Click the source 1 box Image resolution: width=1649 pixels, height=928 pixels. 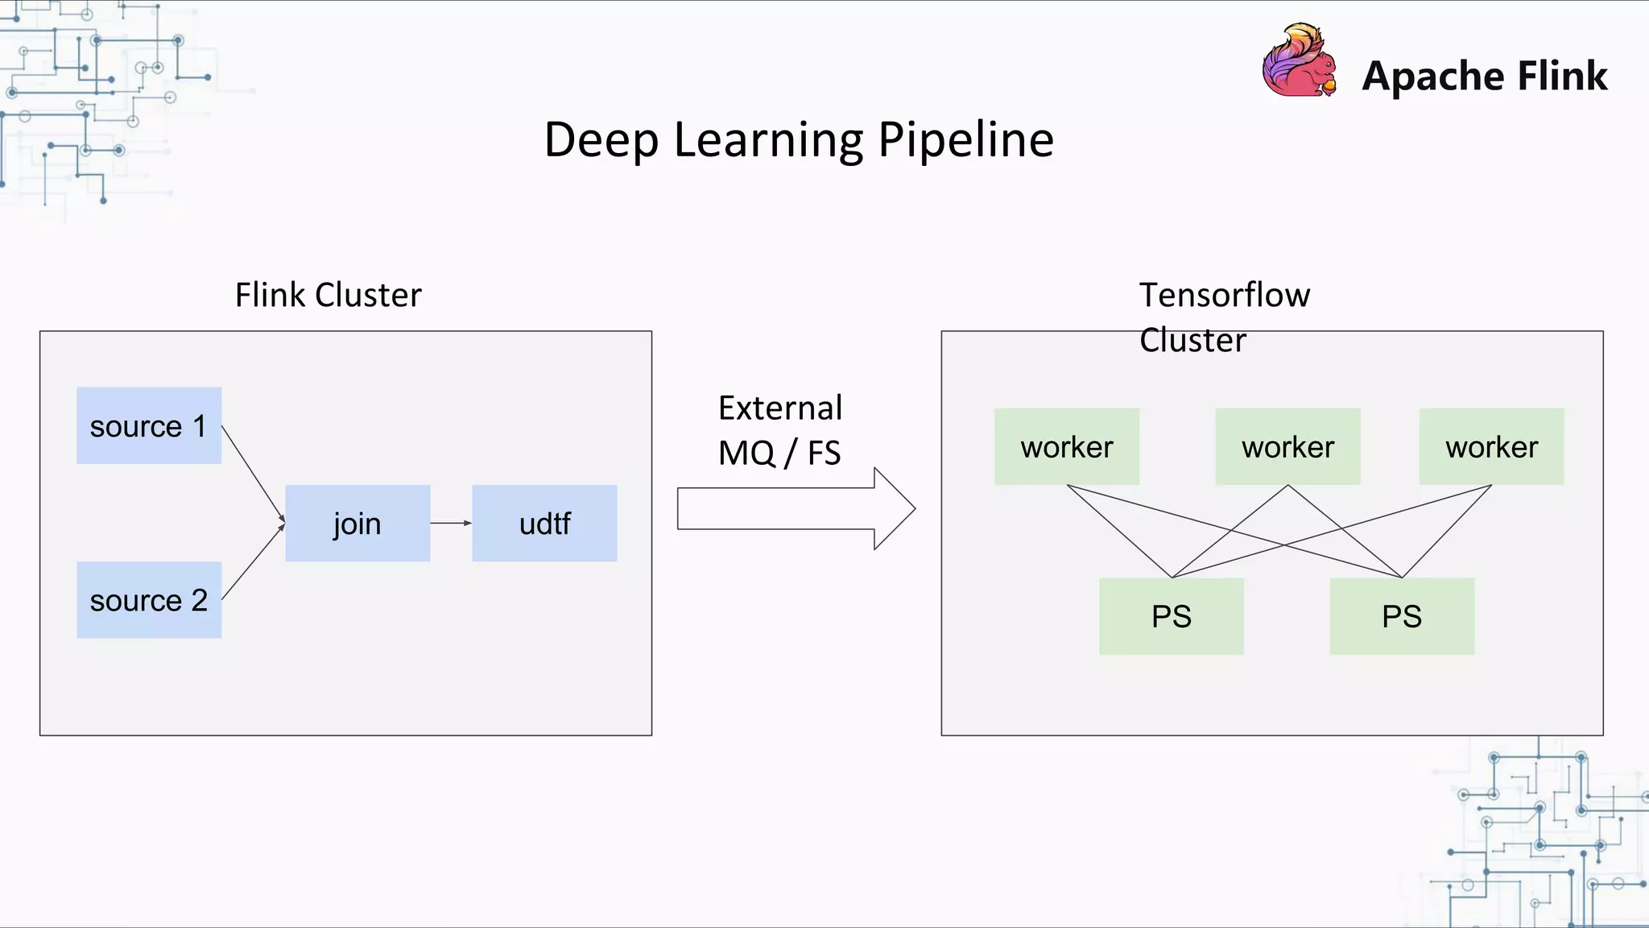149,425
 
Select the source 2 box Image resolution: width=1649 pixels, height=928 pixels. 149,600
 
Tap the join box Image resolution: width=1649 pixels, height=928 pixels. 357,524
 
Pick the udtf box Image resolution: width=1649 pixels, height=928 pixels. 544,524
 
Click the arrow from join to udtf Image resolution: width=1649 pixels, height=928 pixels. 451,523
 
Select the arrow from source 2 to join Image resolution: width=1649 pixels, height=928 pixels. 253,562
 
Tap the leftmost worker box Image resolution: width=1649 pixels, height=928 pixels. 1067,446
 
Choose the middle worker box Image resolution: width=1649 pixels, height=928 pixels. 1287,446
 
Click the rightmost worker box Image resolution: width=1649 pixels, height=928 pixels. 1491,446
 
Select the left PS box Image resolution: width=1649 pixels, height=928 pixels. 1172,616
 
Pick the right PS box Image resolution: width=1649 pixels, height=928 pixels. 1402,616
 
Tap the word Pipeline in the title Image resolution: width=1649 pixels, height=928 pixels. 965,140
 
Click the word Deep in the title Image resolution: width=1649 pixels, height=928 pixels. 601,140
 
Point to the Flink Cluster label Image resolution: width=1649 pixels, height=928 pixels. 328,295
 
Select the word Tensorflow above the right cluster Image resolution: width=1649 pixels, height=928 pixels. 1224,295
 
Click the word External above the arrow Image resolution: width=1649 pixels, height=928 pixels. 780,408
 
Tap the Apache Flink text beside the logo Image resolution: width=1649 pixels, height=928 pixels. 1484,77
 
